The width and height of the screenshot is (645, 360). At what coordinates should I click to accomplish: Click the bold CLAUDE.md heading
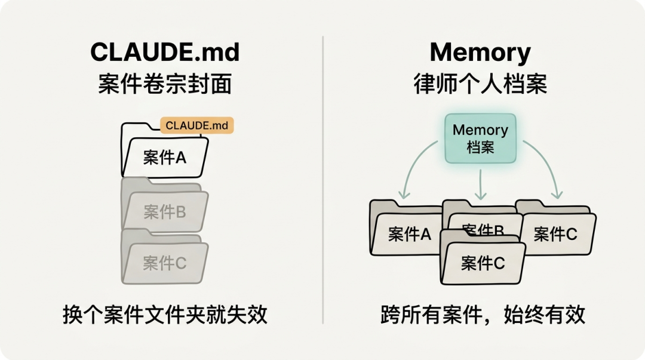pos(165,53)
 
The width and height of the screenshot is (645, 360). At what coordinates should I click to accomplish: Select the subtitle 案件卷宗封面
pos(165,84)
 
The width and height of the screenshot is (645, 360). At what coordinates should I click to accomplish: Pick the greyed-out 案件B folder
pos(165,211)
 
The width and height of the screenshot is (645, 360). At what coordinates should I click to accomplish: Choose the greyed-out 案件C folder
pos(165,262)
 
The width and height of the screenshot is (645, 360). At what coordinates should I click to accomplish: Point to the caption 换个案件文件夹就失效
pos(165,315)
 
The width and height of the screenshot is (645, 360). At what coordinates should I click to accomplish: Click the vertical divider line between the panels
pos(323,179)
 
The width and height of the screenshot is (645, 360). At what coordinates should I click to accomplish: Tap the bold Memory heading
pos(480,53)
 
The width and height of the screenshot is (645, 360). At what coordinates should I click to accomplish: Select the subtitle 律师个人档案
pos(480,84)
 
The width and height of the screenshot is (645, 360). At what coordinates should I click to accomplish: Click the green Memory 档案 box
pos(480,138)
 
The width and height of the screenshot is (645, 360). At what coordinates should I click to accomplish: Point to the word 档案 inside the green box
pos(480,147)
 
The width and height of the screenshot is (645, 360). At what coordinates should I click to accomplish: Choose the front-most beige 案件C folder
pos(483,263)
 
